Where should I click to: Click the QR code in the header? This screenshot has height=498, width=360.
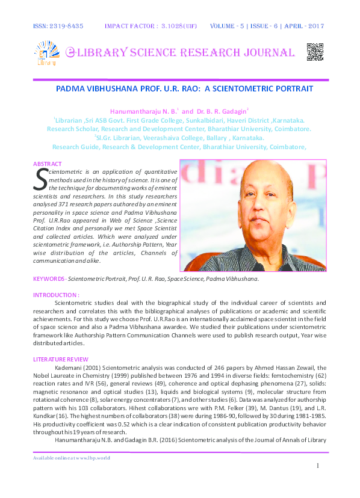(315, 52)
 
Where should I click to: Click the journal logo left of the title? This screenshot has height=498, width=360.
(47, 53)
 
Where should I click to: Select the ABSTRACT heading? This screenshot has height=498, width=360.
(46, 164)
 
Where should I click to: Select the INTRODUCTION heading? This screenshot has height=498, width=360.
(55, 295)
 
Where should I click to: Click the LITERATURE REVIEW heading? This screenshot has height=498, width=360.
(62, 359)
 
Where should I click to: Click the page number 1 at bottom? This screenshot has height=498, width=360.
(317, 466)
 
